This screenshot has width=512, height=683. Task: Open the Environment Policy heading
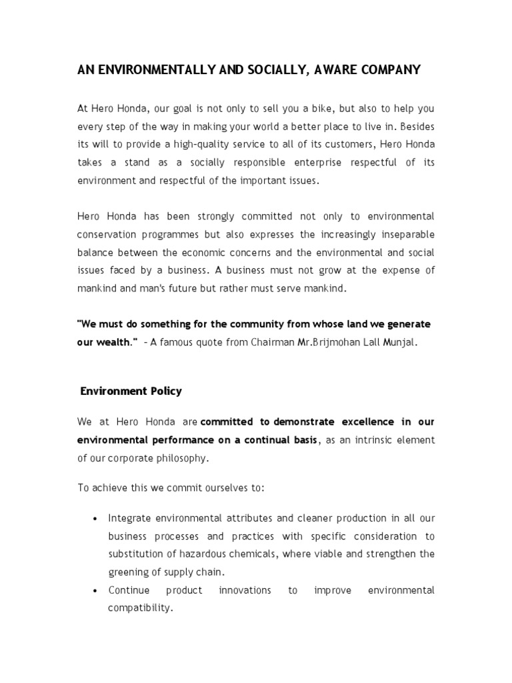point(131,392)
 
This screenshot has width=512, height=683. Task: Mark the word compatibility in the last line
point(139,608)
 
